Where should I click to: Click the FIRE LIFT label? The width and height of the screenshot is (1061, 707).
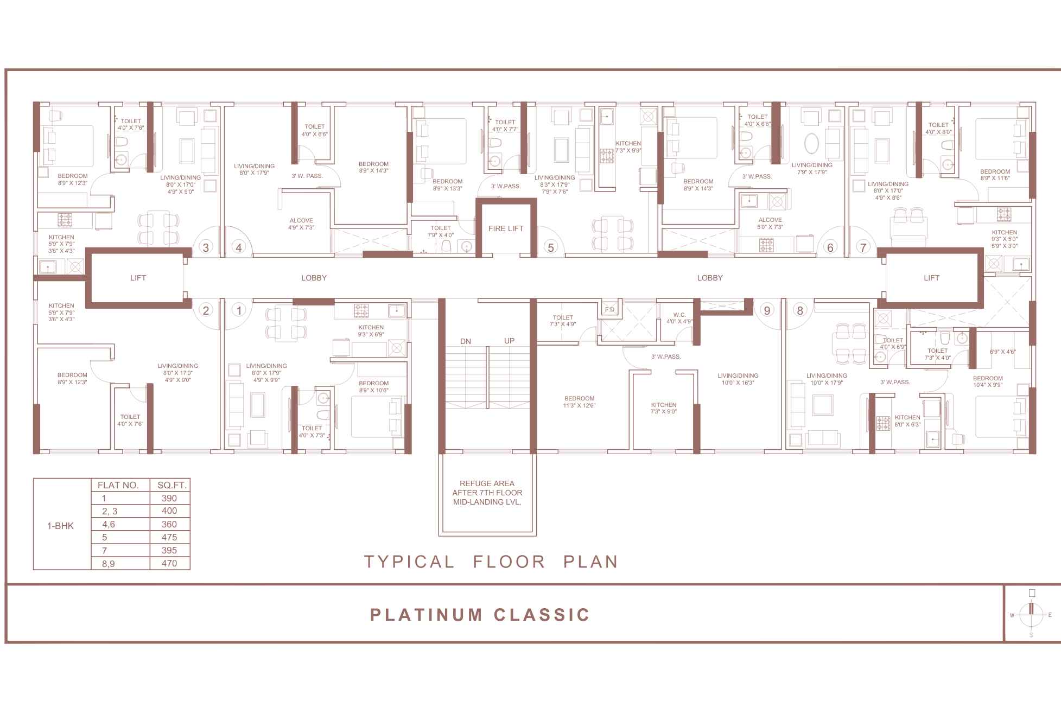pyautogui.click(x=505, y=228)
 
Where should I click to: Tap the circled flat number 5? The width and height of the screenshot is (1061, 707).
pyautogui.click(x=551, y=247)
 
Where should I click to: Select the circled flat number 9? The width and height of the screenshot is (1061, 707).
pyautogui.click(x=766, y=310)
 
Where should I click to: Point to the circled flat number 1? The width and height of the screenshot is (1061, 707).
pyautogui.click(x=239, y=310)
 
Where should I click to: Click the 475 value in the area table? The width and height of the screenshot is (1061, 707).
pyautogui.click(x=169, y=537)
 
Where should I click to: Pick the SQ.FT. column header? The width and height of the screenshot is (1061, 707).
pyautogui.click(x=170, y=485)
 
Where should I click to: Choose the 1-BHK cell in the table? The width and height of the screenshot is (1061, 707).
pyautogui.click(x=61, y=525)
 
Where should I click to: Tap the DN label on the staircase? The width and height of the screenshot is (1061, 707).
pyautogui.click(x=466, y=341)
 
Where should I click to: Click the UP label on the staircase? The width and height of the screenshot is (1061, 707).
pyautogui.click(x=509, y=341)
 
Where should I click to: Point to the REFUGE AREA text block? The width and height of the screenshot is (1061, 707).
pyautogui.click(x=487, y=493)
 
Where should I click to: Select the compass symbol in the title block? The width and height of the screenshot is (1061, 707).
pyautogui.click(x=1031, y=615)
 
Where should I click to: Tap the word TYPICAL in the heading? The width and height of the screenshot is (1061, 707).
pyautogui.click(x=409, y=561)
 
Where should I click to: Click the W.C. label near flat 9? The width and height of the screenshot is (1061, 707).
pyautogui.click(x=679, y=317)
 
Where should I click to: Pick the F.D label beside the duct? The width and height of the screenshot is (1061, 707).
pyautogui.click(x=609, y=310)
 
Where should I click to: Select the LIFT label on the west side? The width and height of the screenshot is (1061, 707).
pyautogui.click(x=138, y=278)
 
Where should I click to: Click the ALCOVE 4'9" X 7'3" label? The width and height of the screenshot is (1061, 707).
pyautogui.click(x=301, y=224)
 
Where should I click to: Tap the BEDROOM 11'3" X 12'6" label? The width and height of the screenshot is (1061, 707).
pyautogui.click(x=579, y=402)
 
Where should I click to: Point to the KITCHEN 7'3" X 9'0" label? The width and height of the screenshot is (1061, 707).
pyautogui.click(x=663, y=408)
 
